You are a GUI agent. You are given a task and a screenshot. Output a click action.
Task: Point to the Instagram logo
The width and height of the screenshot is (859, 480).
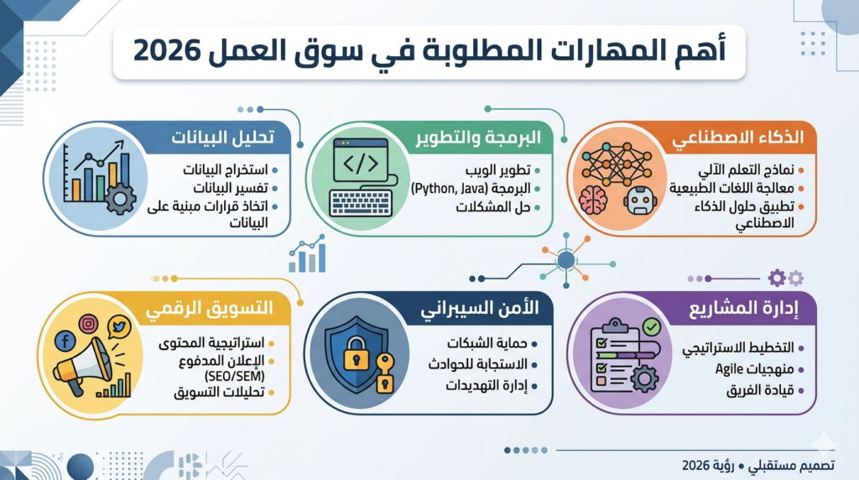tap(88, 323)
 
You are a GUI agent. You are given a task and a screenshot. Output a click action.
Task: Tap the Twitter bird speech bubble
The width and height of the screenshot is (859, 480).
tap(117, 329)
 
